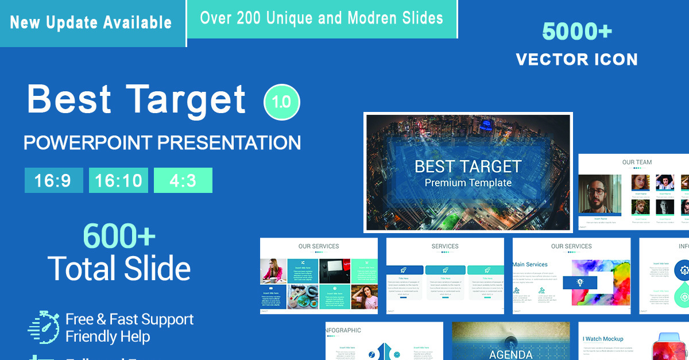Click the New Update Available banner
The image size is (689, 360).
coord(91,22)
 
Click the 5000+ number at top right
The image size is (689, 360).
coord(577,32)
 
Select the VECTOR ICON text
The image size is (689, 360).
coord(576,59)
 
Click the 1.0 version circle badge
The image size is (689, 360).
coord(281,102)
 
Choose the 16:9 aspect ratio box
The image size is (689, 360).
coord(53,180)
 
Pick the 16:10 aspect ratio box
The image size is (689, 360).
coord(118,180)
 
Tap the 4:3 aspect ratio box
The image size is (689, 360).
coord(183,180)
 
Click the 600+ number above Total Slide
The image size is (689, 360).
coord(119,235)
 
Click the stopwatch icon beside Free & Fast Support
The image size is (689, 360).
coord(43,327)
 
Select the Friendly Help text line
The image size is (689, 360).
coord(108,336)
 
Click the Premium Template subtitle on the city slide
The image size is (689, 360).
coord(468,183)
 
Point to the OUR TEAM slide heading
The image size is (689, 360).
coord(637,162)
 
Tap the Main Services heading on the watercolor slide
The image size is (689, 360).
coord(530,265)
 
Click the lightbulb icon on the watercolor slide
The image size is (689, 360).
coord(580,282)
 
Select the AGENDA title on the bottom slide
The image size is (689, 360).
coord(510,354)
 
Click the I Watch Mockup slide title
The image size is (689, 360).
coord(603,339)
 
